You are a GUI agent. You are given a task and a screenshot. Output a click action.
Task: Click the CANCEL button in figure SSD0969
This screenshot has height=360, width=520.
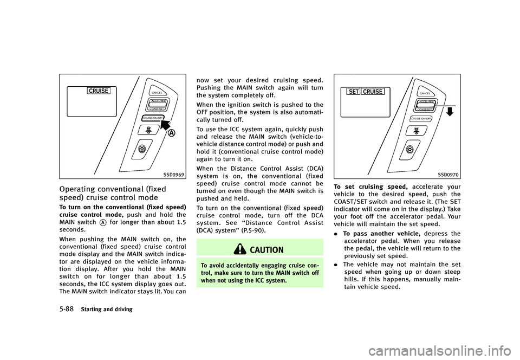[x=158, y=93]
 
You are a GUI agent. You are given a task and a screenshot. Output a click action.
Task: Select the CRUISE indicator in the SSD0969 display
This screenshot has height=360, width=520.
[x=100, y=90]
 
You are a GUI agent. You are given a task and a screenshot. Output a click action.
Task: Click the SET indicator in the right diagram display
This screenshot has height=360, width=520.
[x=354, y=92]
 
